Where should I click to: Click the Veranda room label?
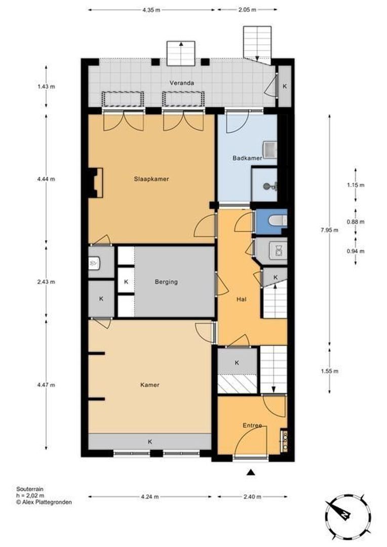(181, 83)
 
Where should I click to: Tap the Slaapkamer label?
(151, 179)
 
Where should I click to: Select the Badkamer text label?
(247, 158)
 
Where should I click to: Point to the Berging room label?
(166, 282)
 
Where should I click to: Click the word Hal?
(242, 299)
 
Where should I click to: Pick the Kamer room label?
(150, 385)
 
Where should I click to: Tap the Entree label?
(252, 425)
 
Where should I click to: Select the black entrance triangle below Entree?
(250, 473)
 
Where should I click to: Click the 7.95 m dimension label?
(329, 230)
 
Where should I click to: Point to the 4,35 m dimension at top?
(151, 10)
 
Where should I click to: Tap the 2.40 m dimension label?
(252, 497)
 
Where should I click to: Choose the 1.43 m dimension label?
(46, 87)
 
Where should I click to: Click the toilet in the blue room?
(278, 220)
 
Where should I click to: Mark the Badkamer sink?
(270, 148)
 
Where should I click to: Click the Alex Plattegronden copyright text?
(44, 502)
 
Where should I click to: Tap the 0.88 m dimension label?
(356, 222)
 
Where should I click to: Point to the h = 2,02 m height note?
(30, 496)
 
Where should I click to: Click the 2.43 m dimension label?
(46, 282)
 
